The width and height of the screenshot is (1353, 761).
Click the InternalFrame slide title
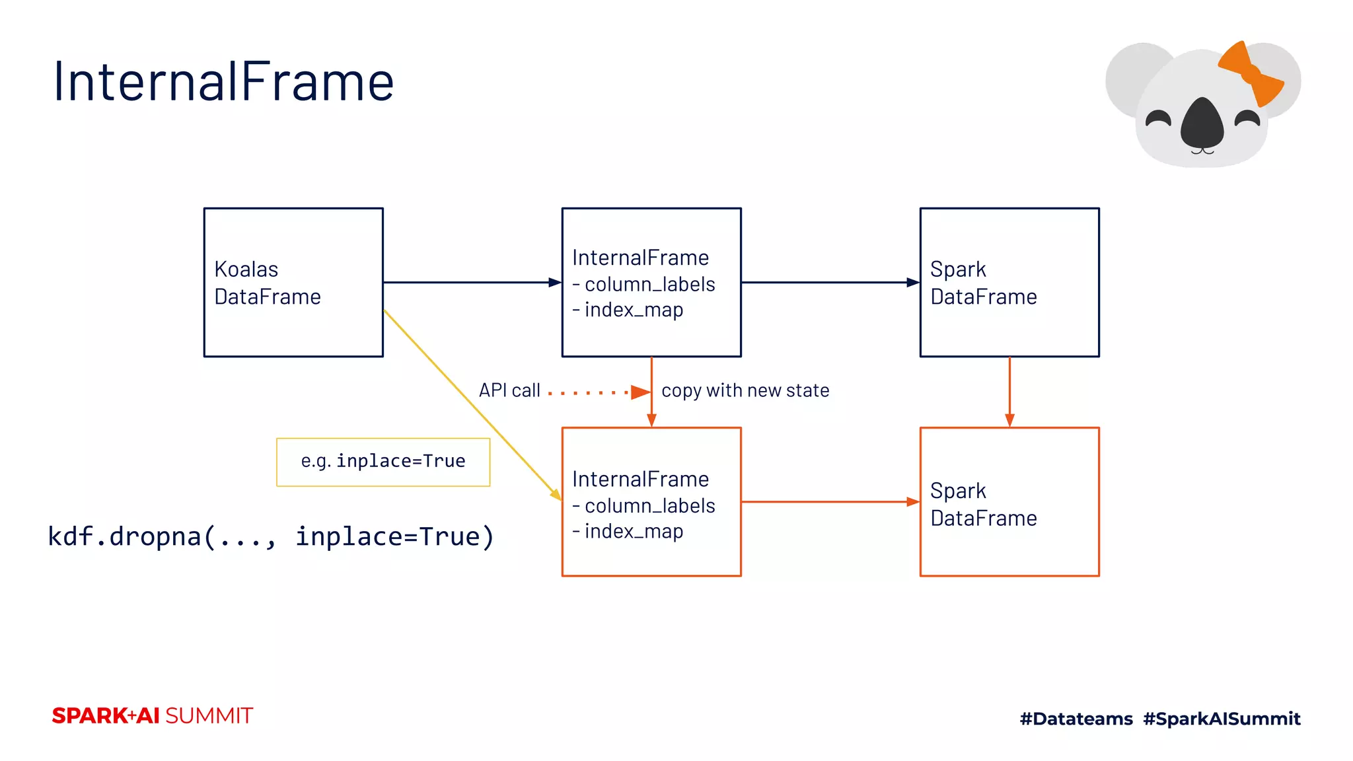[x=223, y=81]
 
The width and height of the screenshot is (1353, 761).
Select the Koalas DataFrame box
[x=293, y=283]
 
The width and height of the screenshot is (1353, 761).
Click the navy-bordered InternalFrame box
[x=651, y=283]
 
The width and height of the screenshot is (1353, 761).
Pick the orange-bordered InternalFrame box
[x=651, y=502]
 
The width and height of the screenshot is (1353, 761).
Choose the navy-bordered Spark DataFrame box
[x=1009, y=283]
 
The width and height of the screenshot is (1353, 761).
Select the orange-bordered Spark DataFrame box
[x=1009, y=502]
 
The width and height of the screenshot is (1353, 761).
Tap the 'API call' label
[x=509, y=390]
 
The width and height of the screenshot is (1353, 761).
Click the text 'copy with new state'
[x=745, y=390]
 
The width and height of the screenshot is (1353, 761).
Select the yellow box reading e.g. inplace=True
[x=383, y=462]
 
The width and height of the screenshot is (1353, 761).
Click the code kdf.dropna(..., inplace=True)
[x=271, y=536]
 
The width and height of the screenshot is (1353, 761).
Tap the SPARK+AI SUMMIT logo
[x=153, y=715]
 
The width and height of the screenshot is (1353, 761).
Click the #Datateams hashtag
[x=1076, y=719]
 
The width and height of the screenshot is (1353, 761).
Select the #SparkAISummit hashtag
[x=1222, y=719]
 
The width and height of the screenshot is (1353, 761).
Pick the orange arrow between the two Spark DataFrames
[x=1009, y=391]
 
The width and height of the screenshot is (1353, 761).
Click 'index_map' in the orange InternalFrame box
[x=633, y=531]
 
